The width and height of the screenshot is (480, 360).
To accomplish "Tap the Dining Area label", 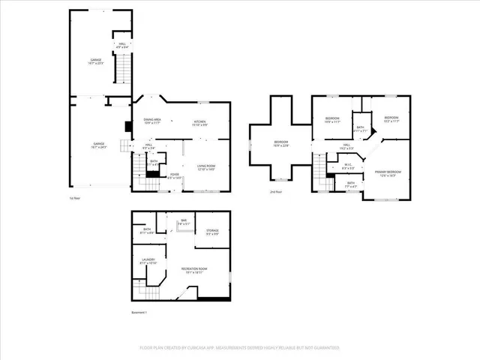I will tap(152, 121).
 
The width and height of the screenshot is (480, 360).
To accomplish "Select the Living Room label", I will tap(206, 167).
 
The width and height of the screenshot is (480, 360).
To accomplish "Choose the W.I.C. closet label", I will tap(348, 166).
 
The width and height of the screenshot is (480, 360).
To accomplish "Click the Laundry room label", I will tap(148, 262).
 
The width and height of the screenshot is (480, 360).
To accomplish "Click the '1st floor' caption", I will tap(74, 198).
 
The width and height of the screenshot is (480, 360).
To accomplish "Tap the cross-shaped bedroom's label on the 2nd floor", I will tap(280, 143).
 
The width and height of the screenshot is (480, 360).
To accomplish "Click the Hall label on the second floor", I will tap(348, 147).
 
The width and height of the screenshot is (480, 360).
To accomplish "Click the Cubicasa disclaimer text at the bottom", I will tap(239, 348).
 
